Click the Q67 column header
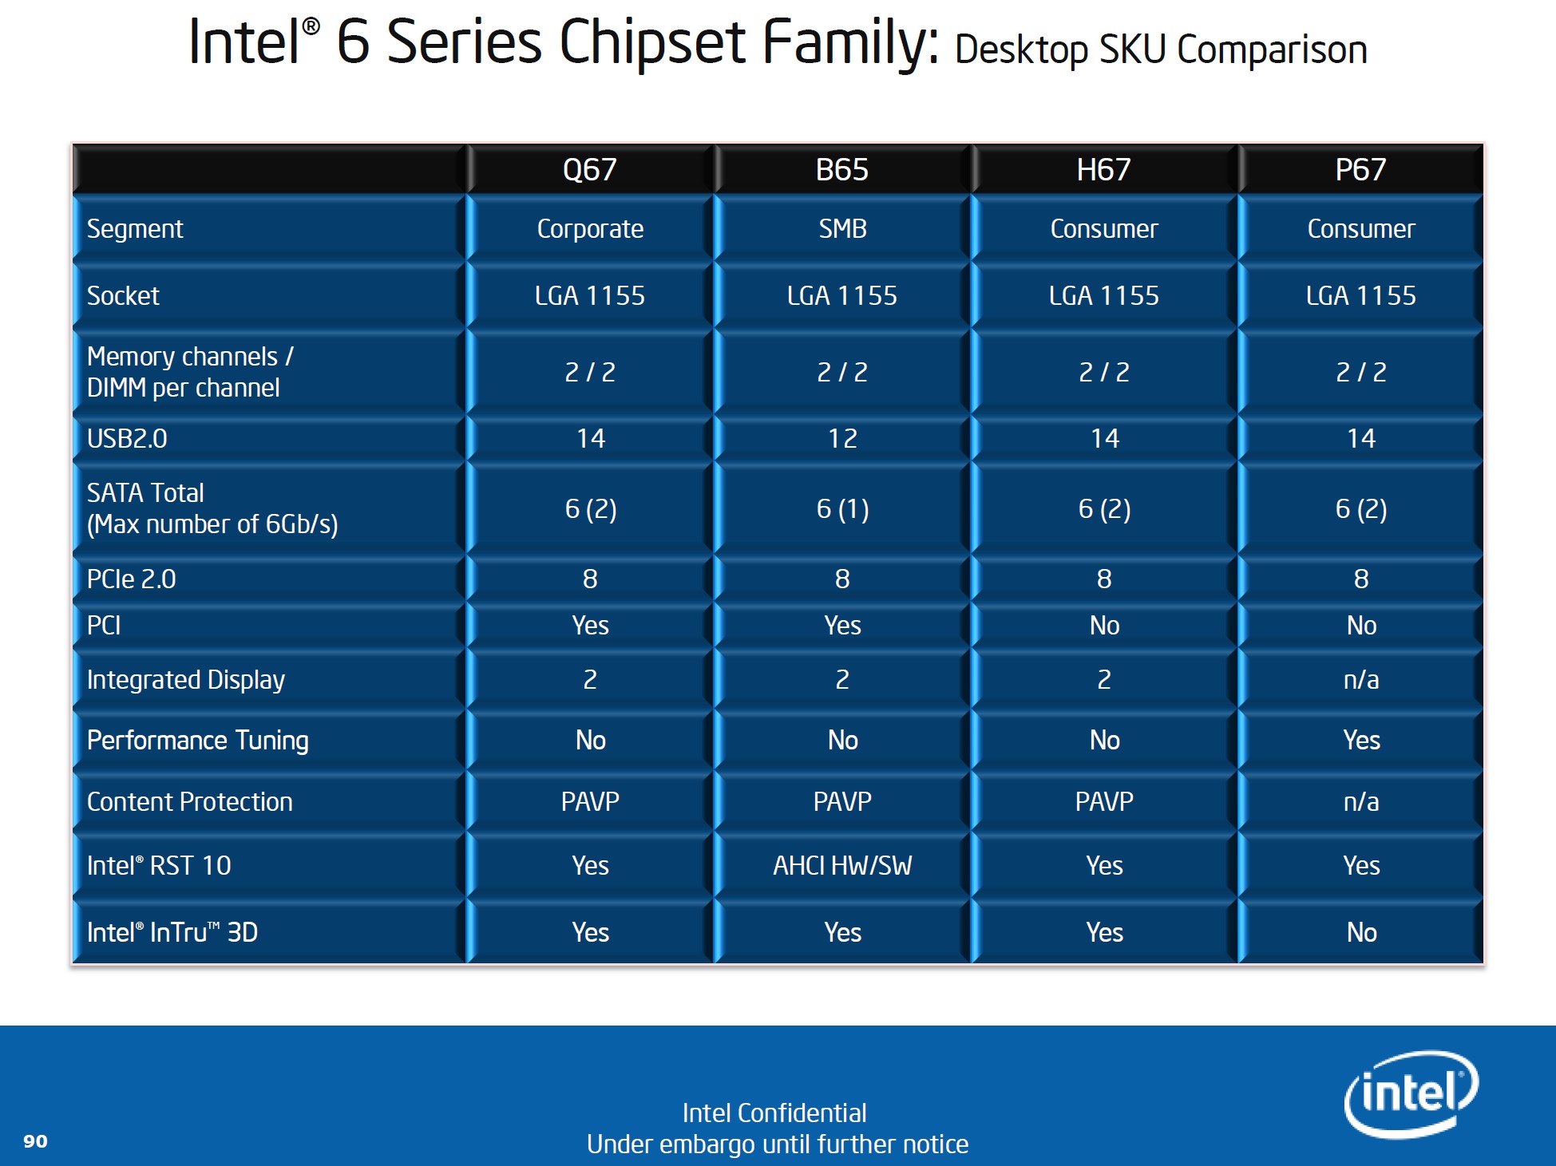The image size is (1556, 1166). tap(589, 170)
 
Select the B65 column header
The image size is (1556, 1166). tap(841, 170)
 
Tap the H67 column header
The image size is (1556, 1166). tap(1103, 170)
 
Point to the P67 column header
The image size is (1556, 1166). tap(1360, 170)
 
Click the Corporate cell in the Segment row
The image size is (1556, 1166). tap(590, 229)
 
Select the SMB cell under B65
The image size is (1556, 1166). tap(842, 229)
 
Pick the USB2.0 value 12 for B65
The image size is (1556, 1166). tap(842, 438)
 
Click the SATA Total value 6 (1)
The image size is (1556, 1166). tap(842, 508)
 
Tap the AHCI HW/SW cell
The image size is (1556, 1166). tap(842, 865)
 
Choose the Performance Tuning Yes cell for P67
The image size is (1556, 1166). tap(1361, 740)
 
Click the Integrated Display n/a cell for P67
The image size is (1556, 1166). tap(1361, 679)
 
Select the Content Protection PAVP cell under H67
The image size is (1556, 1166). tap(1104, 801)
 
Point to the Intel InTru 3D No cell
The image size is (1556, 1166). tap(1361, 932)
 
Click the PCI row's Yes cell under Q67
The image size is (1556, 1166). tap(590, 625)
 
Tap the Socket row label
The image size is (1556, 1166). tap(123, 296)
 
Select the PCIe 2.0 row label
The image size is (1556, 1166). tap(131, 579)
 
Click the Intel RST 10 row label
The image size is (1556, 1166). tap(159, 865)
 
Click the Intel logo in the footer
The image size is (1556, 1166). tap(1411, 1093)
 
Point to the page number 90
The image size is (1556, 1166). tap(35, 1141)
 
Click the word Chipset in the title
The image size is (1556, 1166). tap(652, 43)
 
